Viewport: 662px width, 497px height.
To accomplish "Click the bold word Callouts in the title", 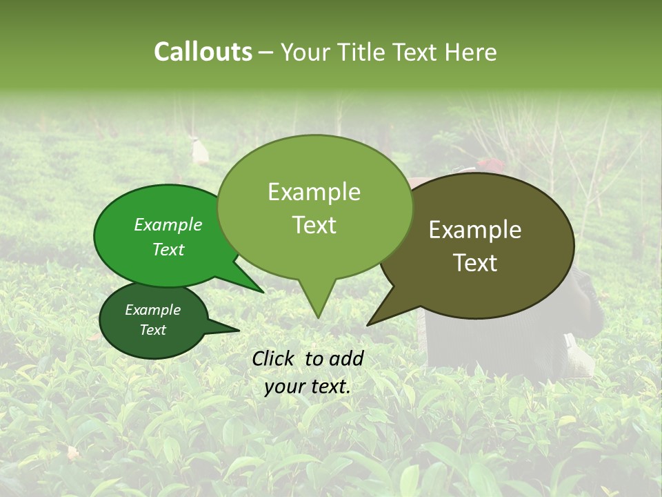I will click(x=203, y=52).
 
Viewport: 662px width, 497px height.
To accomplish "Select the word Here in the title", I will click(x=470, y=52).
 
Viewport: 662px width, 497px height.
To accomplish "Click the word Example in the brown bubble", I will click(x=475, y=230).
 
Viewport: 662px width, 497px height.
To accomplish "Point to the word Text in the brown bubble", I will click(x=475, y=263).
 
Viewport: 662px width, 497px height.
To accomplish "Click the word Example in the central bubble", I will click(x=314, y=192).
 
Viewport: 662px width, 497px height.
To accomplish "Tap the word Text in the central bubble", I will click(x=314, y=225).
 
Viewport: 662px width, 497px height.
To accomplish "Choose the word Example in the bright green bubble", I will click(x=168, y=224).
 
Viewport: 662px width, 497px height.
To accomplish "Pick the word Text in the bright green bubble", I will click(x=168, y=249).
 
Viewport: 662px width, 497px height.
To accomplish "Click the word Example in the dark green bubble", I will click(x=152, y=310).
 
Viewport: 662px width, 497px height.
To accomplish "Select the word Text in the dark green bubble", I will click(x=152, y=330).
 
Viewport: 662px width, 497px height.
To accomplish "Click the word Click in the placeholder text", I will click(x=275, y=358).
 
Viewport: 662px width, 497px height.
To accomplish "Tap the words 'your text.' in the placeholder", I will click(x=308, y=387).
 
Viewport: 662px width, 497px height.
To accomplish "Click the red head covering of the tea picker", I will click(x=490, y=164).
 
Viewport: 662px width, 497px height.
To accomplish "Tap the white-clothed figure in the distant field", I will click(x=200, y=151).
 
